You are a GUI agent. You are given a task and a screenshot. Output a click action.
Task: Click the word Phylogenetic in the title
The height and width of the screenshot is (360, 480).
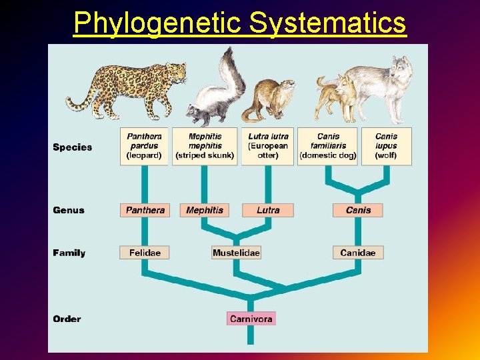pos(157,23)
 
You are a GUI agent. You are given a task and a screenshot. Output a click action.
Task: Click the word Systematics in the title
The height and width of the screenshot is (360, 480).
pos(327,23)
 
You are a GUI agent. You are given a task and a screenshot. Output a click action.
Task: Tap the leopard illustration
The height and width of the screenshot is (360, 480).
pos(127,87)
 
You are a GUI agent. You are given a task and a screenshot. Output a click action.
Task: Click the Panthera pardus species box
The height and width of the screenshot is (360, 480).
pos(144,146)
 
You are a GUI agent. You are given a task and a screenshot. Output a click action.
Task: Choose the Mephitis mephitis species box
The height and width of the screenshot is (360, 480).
pos(205,146)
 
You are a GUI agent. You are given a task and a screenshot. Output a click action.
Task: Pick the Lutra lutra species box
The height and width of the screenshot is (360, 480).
pos(267,146)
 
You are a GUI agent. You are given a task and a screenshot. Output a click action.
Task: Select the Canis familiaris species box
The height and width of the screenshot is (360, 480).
pos(328,146)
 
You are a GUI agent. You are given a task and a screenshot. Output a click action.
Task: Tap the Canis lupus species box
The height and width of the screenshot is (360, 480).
pos(386,146)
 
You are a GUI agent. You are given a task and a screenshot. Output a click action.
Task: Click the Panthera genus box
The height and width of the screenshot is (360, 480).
pos(145,210)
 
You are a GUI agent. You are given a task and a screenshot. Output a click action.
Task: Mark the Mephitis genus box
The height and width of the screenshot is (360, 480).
pos(205,210)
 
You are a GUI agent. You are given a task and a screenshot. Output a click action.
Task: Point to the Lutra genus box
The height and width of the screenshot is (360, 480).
pos(267,210)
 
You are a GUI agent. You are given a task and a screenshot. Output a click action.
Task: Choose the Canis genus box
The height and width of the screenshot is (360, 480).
pos(358,210)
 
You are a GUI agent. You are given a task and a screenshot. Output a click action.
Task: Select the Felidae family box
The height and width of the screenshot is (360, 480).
pos(145,253)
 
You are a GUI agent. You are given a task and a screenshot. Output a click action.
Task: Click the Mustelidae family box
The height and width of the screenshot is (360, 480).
pos(236,253)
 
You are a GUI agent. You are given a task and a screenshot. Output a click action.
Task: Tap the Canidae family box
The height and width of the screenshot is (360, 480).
pos(358,253)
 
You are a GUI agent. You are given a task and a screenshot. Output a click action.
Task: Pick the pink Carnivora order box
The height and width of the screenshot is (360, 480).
pos(251,319)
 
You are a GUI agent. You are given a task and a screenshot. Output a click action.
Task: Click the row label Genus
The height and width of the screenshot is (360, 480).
pos(69,210)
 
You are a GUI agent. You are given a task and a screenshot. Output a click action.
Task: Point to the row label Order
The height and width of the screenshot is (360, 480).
pos(67,319)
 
